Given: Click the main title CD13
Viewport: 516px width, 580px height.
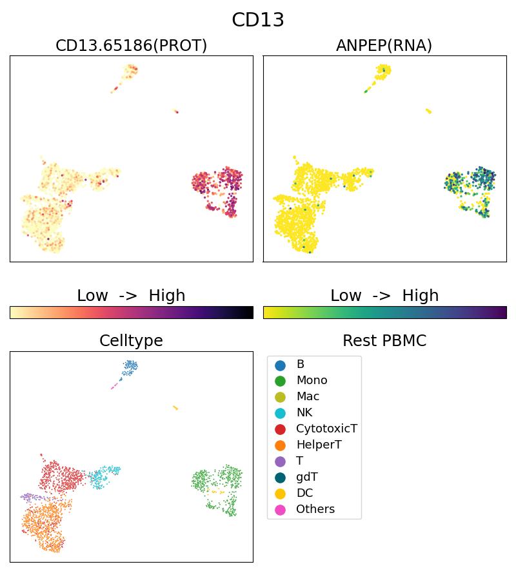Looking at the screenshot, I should click(x=258, y=20).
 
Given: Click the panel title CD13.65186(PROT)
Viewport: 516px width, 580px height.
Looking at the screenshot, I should click(x=131, y=46).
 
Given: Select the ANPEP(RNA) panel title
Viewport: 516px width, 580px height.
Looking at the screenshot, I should click(x=384, y=46).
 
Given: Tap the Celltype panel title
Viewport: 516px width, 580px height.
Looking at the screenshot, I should click(x=131, y=341).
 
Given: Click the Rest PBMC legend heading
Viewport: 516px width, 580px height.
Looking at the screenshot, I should click(x=384, y=341).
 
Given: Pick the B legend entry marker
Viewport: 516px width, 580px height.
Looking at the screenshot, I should click(x=280, y=365).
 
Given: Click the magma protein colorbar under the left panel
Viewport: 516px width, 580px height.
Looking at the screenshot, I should click(x=131, y=313).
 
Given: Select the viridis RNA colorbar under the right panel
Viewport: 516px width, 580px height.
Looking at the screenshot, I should click(x=384, y=313).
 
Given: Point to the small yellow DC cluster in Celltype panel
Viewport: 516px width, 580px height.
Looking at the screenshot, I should click(x=175, y=408).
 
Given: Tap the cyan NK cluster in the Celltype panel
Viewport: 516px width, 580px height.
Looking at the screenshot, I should click(x=102, y=478).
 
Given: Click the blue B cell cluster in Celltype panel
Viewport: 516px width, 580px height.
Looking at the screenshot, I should click(x=130, y=367).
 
